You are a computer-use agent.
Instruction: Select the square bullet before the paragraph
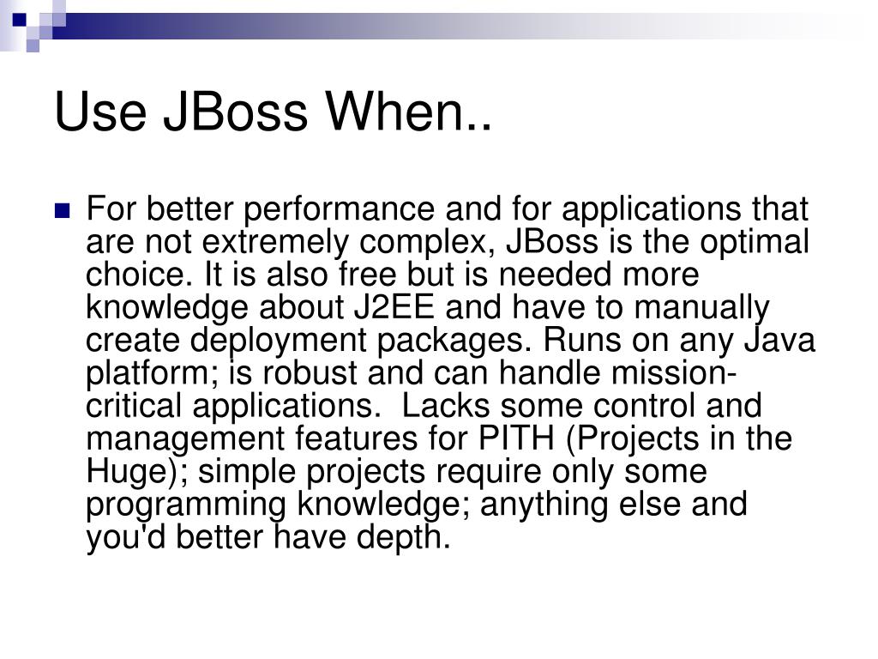pos(62,210)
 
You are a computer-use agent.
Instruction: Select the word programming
pos(188,505)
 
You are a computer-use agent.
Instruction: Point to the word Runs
pos(575,340)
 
